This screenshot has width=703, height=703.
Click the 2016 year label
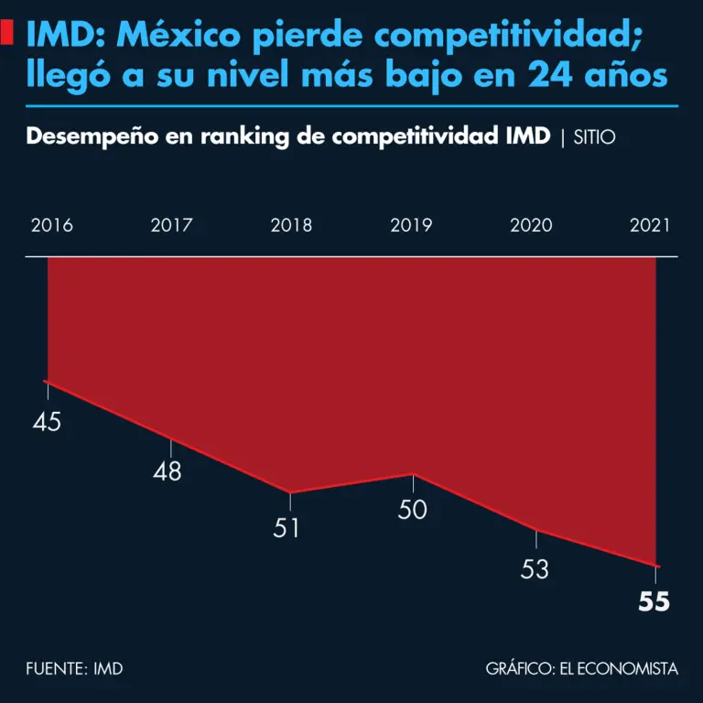[x=52, y=225]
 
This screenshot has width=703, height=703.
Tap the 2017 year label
[x=171, y=225]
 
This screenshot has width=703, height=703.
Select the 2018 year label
[x=291, y=225]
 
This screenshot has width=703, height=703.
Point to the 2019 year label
[x=411, y=225]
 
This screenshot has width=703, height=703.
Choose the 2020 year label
[x=531, y=225]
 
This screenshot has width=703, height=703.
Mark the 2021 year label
[x=650, y=225]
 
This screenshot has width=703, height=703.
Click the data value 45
[x=47, y=422]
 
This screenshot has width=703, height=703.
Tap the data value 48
[x=168, y=471]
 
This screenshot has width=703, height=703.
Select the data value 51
[x=287, y=528]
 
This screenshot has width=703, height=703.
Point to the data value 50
[x=413, y=510]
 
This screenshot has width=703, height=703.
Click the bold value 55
[x=654, y=601]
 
